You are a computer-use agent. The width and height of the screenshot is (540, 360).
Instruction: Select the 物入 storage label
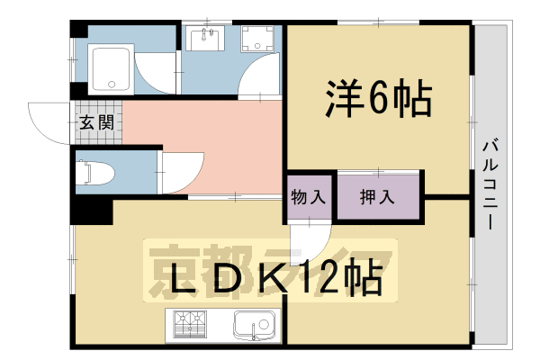309,197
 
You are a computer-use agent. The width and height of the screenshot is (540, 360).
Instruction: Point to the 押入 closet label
377,197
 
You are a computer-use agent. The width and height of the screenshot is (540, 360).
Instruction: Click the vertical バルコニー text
490,184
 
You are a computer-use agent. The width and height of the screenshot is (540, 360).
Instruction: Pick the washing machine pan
262,40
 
